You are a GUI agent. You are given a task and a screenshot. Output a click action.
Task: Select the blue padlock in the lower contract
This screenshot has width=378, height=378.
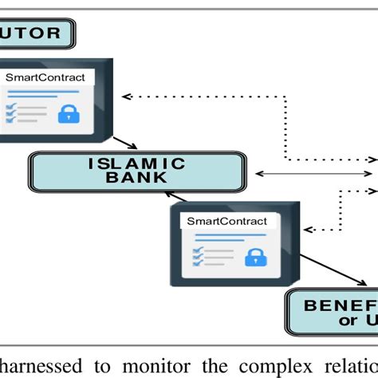pos(254,257)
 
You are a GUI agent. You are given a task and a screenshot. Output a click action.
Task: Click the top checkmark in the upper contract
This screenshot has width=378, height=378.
pos(11,105)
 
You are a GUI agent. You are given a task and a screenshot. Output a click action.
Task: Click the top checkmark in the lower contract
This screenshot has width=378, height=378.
pos(196,249)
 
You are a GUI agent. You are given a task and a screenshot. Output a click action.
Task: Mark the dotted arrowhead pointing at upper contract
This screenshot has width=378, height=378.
pos(124,96)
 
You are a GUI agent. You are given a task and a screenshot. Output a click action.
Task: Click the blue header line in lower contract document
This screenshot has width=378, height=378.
pos(219,236)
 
